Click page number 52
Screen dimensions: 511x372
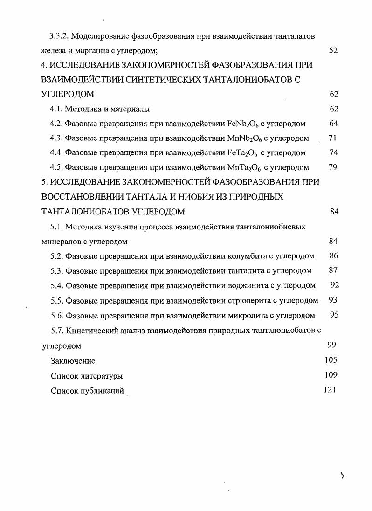333,50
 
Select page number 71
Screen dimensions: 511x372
332,138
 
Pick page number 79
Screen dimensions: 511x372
333,167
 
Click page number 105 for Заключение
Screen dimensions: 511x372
331,360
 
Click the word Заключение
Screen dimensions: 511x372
73,361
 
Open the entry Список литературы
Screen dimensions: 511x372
87,376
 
